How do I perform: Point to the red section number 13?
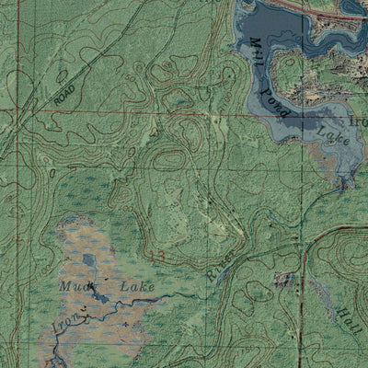[159, 254]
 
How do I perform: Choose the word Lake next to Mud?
[137, 288]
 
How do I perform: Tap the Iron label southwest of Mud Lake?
[72, 325]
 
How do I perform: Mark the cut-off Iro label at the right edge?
[358, 120]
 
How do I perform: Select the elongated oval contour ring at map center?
[167, 160]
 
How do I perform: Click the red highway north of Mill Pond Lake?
[304, 6]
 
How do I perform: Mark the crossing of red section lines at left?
[16, 111]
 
